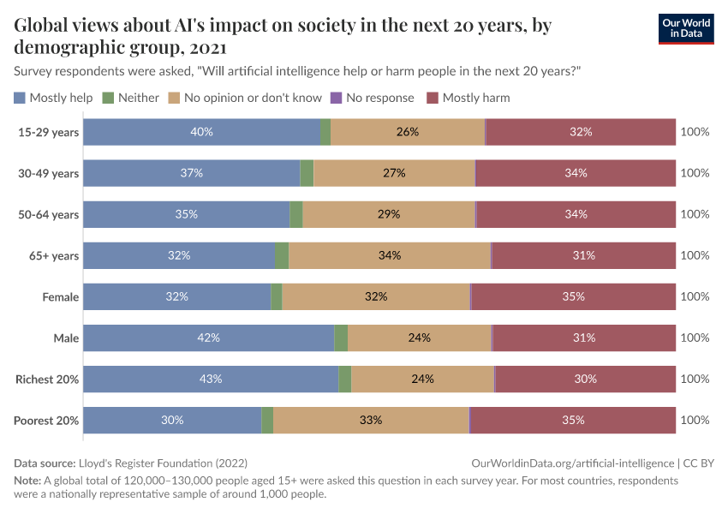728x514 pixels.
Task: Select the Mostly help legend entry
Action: click(53, 98)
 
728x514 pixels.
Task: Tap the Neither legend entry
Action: click(130, 98)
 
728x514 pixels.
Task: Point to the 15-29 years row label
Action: click(49, 132)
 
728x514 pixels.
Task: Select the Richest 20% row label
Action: click(47, 379)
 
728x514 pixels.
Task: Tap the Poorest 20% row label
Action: click(46, 420)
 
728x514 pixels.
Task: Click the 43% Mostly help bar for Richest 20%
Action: click(211, 379)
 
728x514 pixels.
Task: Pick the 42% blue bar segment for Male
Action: click(208, 338)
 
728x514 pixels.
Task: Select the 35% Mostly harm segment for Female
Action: click(573, 296)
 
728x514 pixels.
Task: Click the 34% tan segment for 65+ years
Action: click(390, 255)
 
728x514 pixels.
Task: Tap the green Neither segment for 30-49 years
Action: click(307, 173)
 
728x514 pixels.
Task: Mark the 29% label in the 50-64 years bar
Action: click(389, 214)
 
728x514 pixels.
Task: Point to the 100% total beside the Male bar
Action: click(695, 338)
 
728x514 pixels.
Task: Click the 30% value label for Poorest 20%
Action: click(172, 420)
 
